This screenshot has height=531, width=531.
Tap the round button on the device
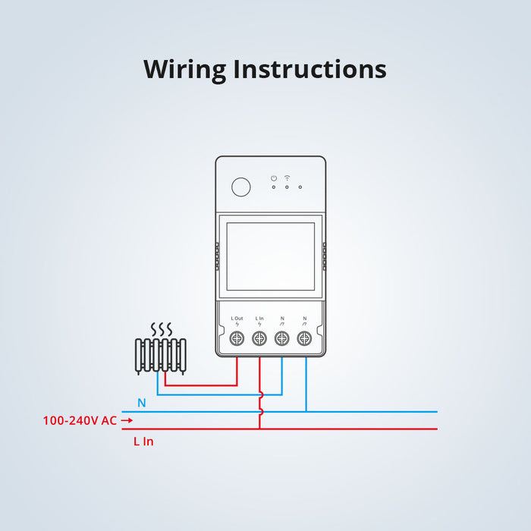click(240, 187)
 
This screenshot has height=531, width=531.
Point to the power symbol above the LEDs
click(274, 178)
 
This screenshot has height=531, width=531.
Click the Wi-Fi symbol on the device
click(287, 178)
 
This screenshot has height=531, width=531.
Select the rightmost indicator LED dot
click(300, 187)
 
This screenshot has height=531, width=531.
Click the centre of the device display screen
click(270, 256)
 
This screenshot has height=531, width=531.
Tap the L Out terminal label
click(237, 318)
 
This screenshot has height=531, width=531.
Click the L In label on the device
click(259, 318)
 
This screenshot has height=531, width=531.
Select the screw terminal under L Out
click(237, 340)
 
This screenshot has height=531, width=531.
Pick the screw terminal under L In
click(259, 340)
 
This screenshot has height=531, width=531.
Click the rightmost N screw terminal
click(305, 340)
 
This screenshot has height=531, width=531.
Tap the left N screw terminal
click(282, 340)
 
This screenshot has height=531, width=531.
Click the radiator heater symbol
click(160, 355)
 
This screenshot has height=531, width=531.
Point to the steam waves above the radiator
click(160, 330)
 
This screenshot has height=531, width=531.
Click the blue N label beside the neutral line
click(142, 403)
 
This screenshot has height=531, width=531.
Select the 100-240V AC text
click(80, 420)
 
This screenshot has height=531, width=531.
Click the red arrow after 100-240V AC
click(127, 420)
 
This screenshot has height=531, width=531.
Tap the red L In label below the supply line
click(143, 441)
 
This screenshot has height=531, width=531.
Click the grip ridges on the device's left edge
click(217, 256)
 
